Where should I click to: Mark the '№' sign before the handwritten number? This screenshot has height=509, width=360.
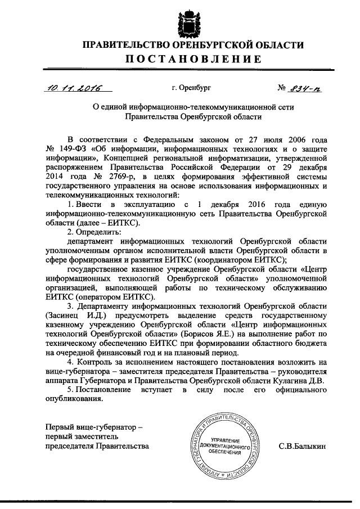point(282,88)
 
